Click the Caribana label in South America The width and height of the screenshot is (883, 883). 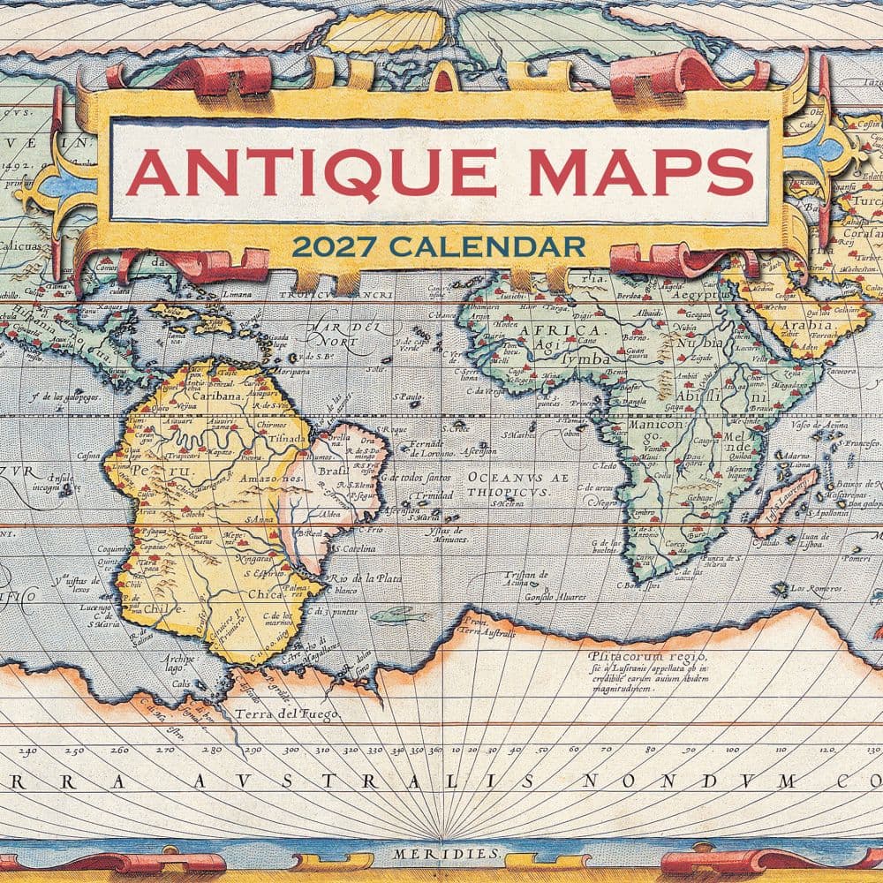pos(216,396)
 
